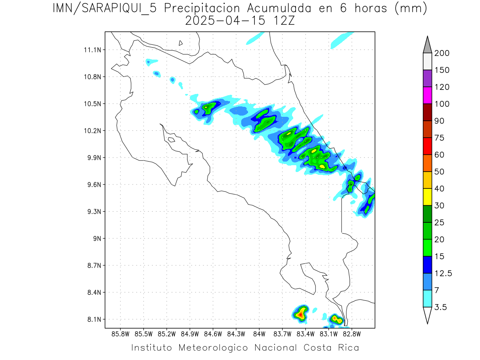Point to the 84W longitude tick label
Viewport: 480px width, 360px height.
point(259,333)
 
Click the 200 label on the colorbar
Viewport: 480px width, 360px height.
point(442,53)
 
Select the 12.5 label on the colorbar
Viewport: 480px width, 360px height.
point(443,273)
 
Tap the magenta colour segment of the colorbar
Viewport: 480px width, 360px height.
point(427,96)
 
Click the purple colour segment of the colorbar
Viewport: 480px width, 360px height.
point(427,78)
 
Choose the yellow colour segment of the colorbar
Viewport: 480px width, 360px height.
point(427,197)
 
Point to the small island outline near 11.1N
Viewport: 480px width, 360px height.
point(181,43)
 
